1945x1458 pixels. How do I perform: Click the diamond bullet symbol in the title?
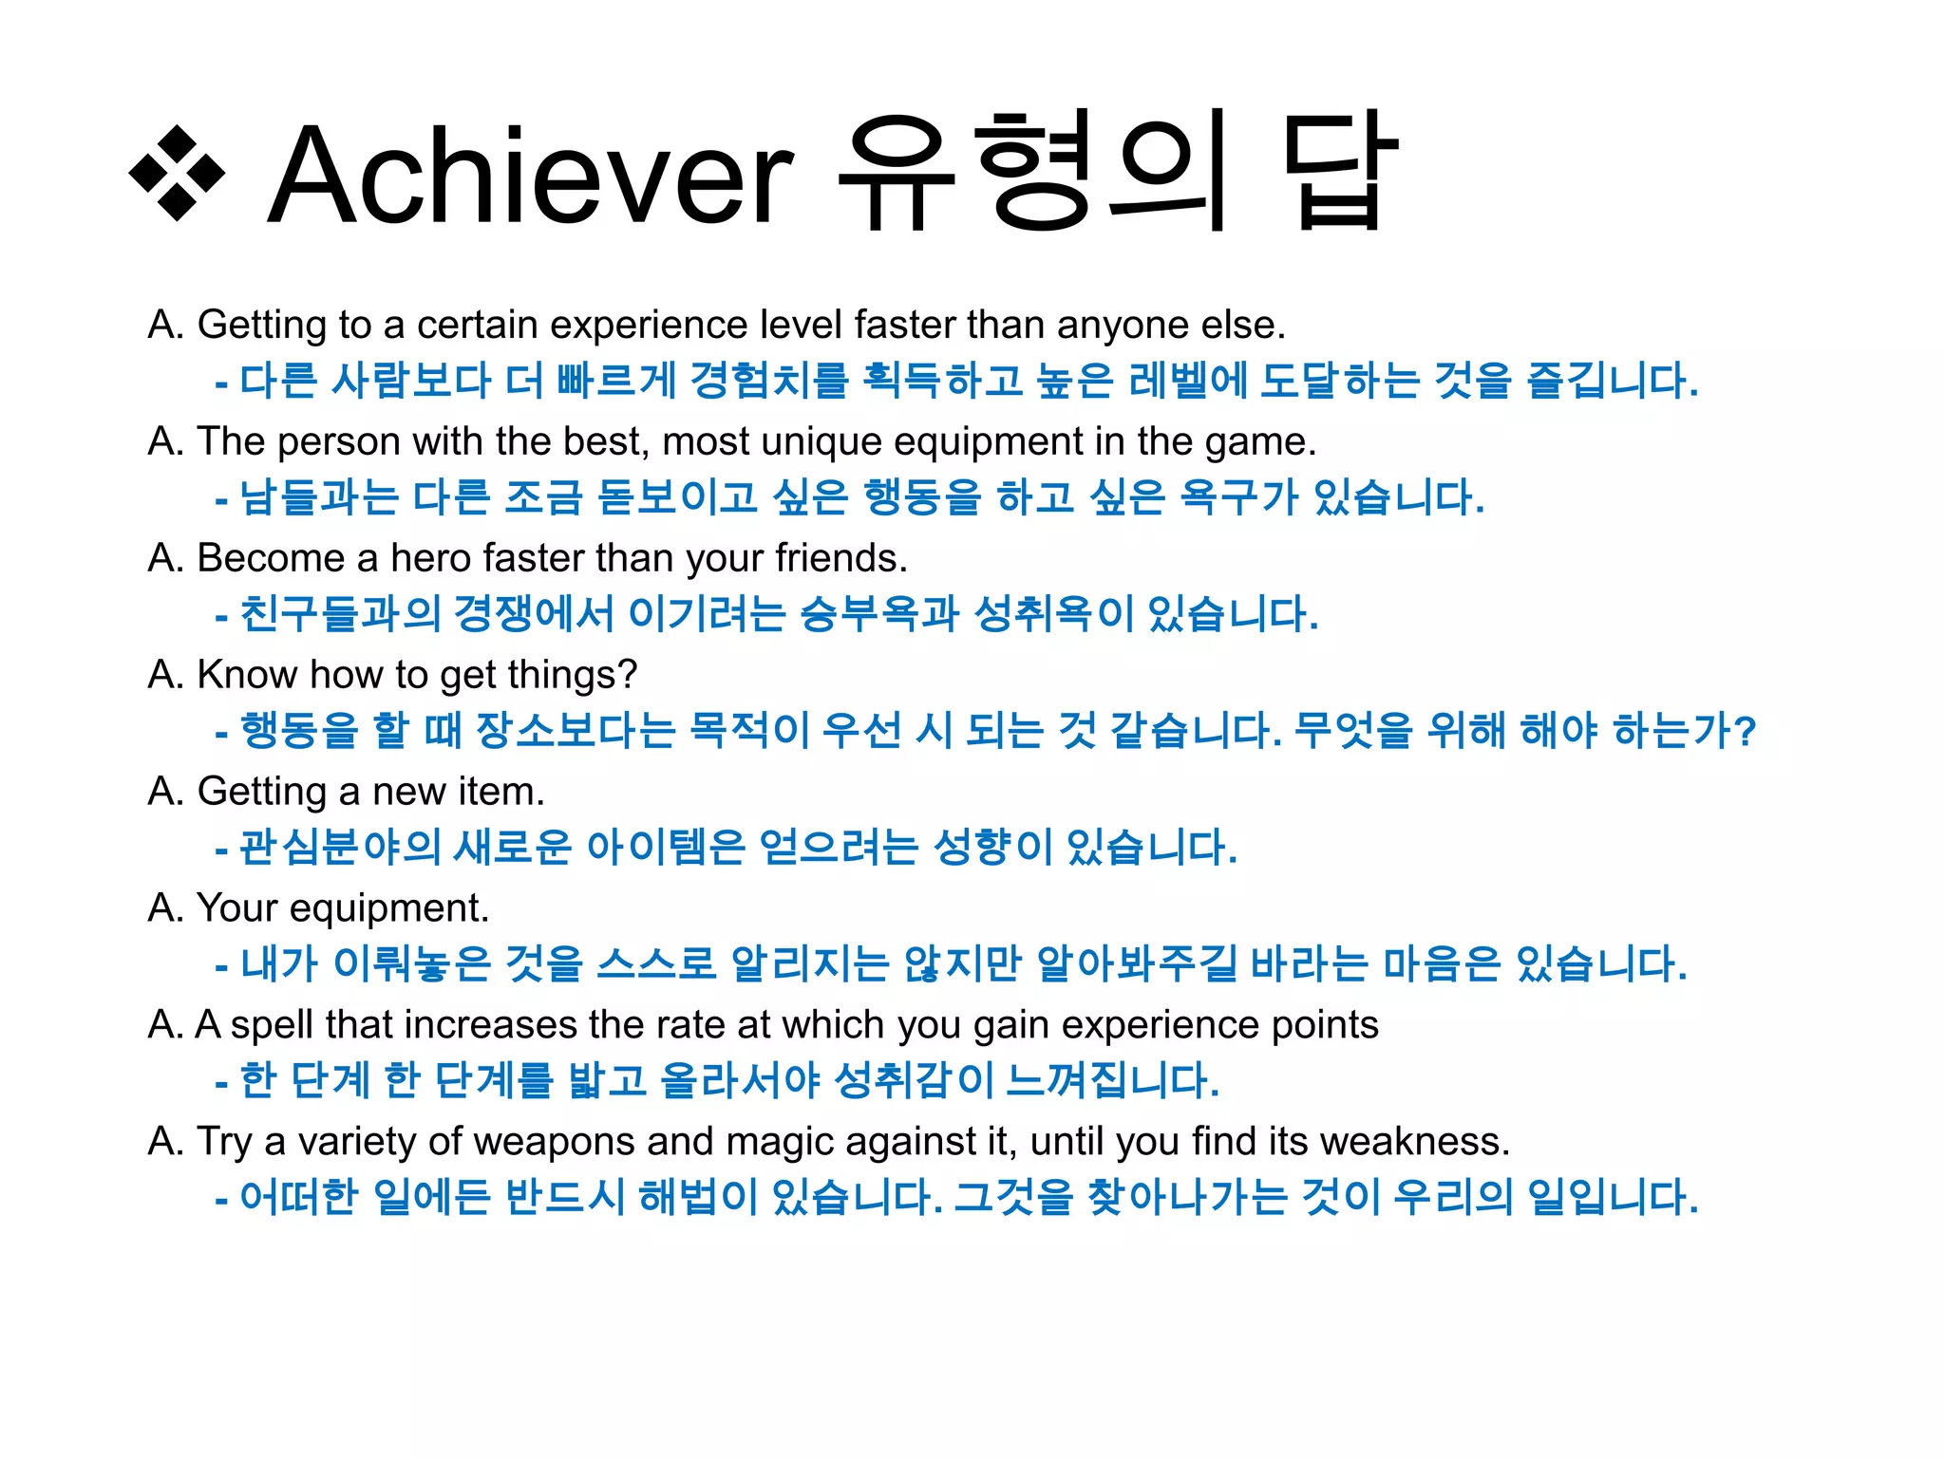[x=178, y=174]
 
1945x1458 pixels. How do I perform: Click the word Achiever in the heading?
[x=530, y=177]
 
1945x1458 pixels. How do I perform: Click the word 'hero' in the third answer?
[x=431, y=558]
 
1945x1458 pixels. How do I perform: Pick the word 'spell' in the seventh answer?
[x=271, y=1025]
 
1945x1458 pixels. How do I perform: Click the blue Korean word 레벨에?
[x=1188, y=382]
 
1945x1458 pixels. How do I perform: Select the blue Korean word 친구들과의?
[x=340, y=614]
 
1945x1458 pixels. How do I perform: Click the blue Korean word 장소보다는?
[x=576, y=731]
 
